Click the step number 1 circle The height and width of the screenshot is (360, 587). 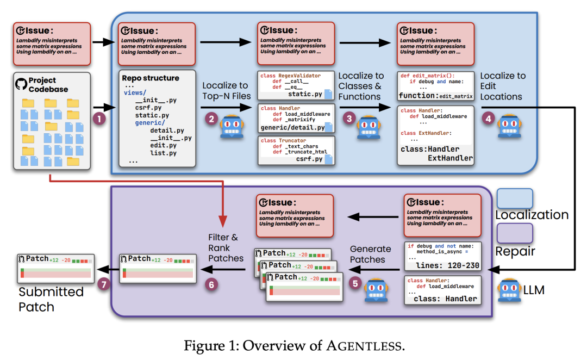click(x=99, y=119)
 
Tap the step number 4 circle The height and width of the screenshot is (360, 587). click(x=488, y=119)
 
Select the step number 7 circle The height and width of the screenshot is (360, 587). click(x=104, y=284)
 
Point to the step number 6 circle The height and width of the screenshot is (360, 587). click(x=211, y=285)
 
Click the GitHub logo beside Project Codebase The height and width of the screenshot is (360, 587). click(x=21, y=84)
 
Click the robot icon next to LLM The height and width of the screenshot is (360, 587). click(x=509, y=290)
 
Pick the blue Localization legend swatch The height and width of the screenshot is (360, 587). click(x=515, y=198)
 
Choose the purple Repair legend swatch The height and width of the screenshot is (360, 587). click(x=515, y=233)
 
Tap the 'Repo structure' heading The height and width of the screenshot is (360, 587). click(x=151, y=78)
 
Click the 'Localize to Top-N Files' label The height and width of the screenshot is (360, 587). click(x=227, y=91)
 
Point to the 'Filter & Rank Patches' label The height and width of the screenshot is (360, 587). click(x=226, y=247)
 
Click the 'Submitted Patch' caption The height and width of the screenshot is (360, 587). click(x=51, y=299)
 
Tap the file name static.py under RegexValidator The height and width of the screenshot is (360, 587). click(x=305, y=94)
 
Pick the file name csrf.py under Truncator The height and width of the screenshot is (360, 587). click(x=309, y=159)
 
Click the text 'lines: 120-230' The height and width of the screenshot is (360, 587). click(x=447, y=265)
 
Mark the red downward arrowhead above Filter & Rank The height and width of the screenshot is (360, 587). click(x=223, y=221)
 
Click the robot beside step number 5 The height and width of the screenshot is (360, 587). click(x=376, y=290)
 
